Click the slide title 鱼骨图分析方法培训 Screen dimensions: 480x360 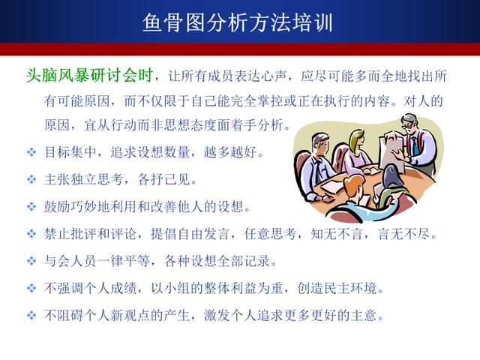pos(238,22)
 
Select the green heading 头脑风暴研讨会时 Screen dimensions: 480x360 pos(89,75)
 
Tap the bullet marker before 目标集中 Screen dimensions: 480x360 pos(31,151)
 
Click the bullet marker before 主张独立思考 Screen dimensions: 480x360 pos(31,179)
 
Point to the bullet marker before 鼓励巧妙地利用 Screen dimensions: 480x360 pos(31,207)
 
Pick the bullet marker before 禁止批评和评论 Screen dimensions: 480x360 pos(31,234)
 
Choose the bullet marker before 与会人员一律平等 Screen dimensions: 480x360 pos(31,261)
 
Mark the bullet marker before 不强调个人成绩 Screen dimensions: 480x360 pos(31,288)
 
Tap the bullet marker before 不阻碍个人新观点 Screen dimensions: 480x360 pos(31,316)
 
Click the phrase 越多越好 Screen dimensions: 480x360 pos(230,151)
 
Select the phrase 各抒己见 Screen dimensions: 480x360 pos(163,179)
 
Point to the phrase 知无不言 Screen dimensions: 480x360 pos(337,234)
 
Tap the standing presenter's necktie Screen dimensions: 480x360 pos(413,146)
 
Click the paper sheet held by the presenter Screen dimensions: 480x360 pos(391,150)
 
